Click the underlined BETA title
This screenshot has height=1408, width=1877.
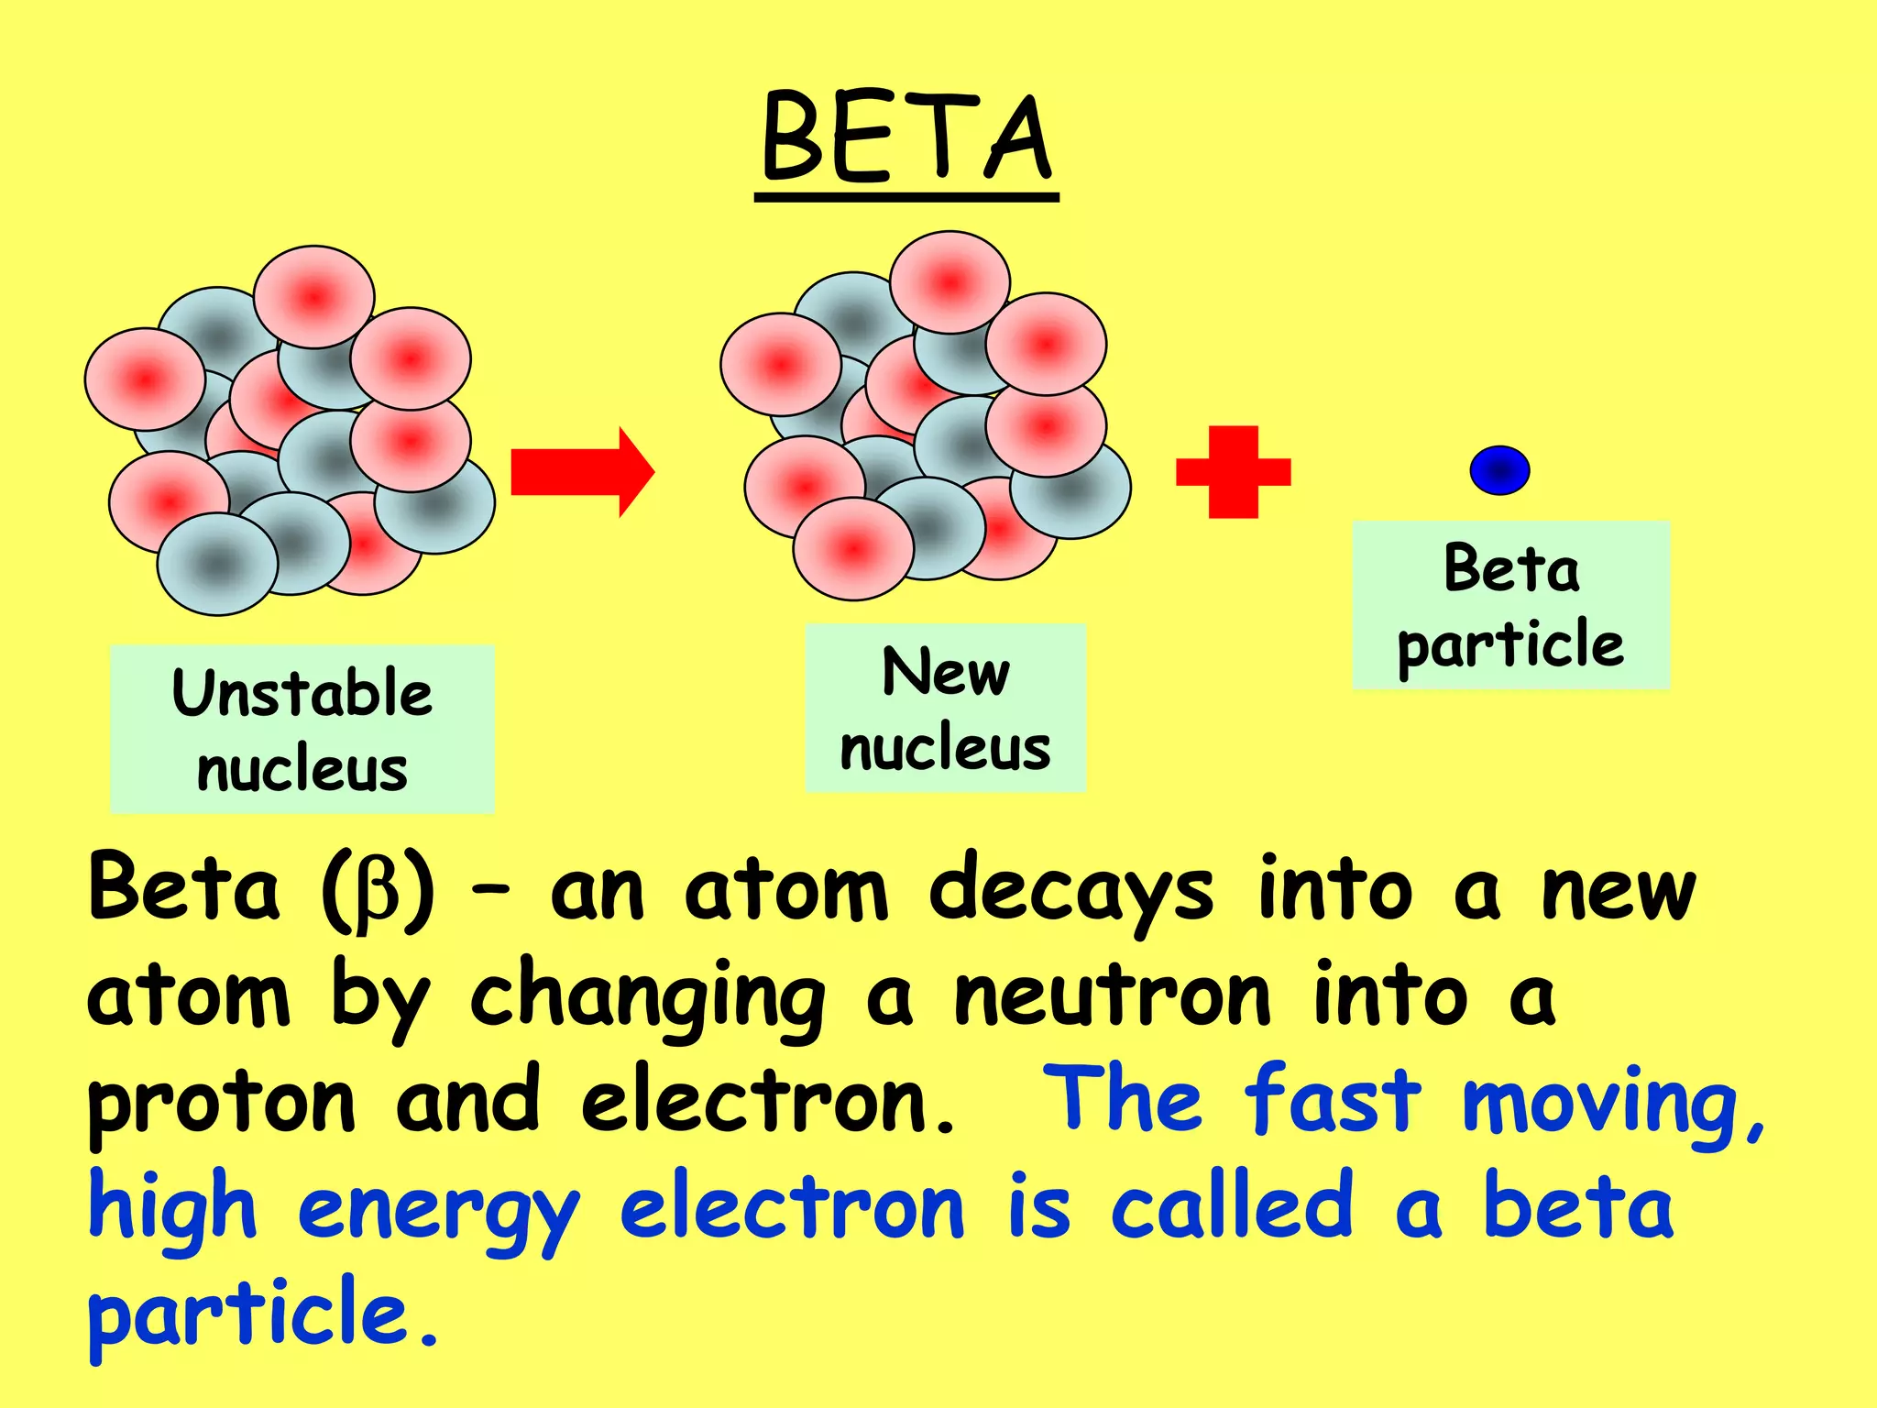[x=906, y=140]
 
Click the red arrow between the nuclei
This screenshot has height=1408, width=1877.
[x=581, y=472]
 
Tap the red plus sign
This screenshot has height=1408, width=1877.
[x=1233, y=472]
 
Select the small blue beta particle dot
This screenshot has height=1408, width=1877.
[x=1499, y=470]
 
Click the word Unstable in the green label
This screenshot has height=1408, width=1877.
[x=302, y=693]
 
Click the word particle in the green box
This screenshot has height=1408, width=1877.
[x=1509, y=644]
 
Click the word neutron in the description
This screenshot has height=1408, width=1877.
[x=1112, y=997]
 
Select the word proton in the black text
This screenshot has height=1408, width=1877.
[x=221, y=1105]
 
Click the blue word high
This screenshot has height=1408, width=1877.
[x=172, y=1210]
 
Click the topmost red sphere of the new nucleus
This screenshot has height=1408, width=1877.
[x=949, y=281]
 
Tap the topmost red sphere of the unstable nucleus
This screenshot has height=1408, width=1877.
[x=313, y=296]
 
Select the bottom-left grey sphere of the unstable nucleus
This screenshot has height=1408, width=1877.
[x=216, y=563]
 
